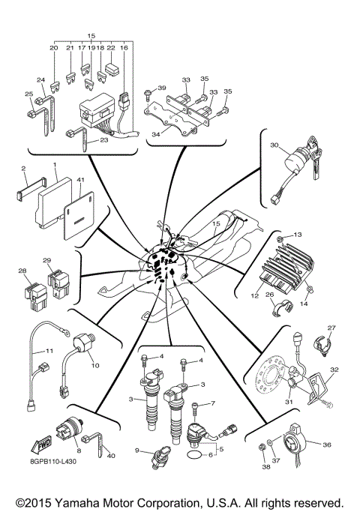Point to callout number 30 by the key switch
pos(274,146)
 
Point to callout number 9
pos(137,450)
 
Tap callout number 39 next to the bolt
pos(160,88)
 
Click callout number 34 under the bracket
pos(155,133)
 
